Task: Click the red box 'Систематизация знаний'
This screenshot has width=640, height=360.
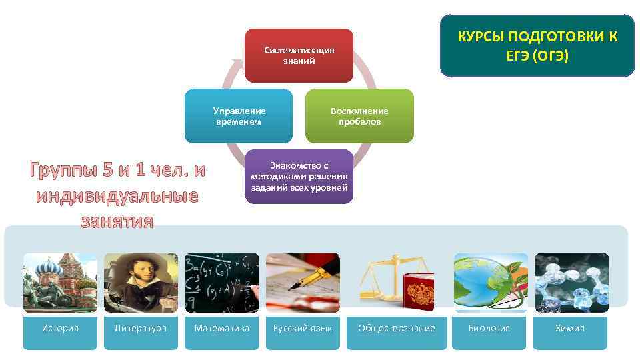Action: point(299,56)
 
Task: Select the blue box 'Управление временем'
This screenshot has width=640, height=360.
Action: point(239,116)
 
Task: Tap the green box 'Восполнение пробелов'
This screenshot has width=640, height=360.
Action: point(359,116)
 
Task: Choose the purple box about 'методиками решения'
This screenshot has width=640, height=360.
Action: point(299,177)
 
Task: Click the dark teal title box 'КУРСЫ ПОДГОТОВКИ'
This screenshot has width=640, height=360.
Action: point(537,46)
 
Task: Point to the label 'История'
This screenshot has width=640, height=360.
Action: point(60,329)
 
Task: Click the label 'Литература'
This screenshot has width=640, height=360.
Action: point(141,329)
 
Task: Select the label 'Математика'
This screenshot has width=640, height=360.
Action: point(221,329)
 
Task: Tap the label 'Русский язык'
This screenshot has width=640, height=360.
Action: point(303,329)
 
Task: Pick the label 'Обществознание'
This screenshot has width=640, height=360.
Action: point(397,329)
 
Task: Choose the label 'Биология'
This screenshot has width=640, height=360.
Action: point(489,329)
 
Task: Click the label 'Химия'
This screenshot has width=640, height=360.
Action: point(571,329)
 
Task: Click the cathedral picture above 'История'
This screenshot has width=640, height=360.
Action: point(60,283)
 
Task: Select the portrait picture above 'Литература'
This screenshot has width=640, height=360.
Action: point(141,283)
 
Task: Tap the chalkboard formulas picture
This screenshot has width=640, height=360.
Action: point(221,283)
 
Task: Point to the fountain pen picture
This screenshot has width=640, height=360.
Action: point(303,283)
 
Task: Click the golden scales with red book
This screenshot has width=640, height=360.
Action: point(397,283)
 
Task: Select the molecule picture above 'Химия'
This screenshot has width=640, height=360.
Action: point(571,283)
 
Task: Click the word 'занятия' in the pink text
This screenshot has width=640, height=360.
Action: point(117,220)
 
